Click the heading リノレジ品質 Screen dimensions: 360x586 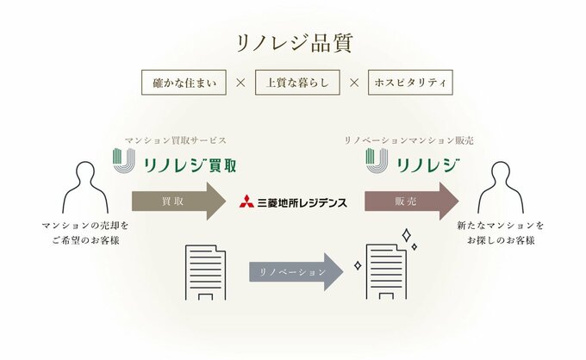(293, 42)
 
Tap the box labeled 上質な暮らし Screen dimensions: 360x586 (295, 84)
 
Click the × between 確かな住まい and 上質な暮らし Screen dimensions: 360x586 (240, 84)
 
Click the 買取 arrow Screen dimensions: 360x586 (178, 201)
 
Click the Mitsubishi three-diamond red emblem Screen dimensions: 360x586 (247, 202)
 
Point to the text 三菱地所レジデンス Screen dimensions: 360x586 (302, 202)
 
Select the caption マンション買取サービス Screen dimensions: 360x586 (176, 139)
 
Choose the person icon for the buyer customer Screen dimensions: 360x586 (502, 186)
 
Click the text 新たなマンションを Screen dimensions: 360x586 (502, 226)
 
